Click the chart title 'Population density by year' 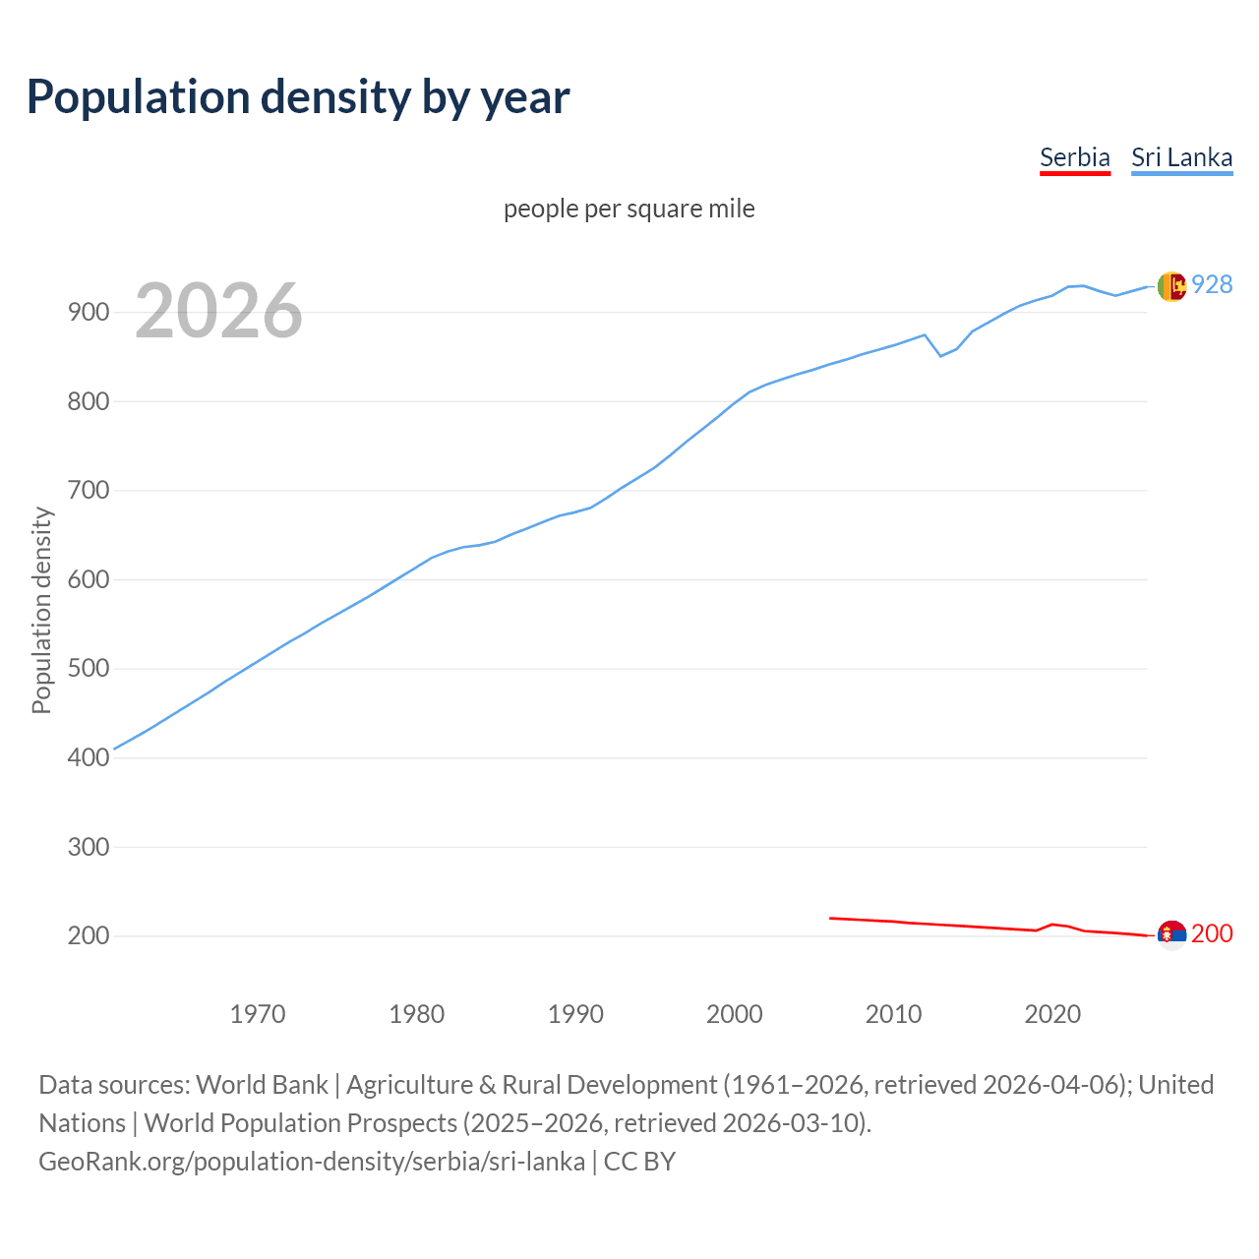tap(298, 96)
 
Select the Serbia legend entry tap(1074, 157)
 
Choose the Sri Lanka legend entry tap(1181, 157)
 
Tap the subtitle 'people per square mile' tap(629, 209)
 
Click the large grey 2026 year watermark tap(218, 311)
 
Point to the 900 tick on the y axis tap(89, 313)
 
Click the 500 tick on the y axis tap(89, 669)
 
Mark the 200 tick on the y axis tap(89, 936)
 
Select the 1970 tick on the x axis tap(258, 1014)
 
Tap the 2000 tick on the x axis tap(735, 1014)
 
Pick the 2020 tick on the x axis tap(1052, 1014)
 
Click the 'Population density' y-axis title tap(41, 610)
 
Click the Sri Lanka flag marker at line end tap(1171, 286)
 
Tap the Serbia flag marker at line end tap(1171, 934)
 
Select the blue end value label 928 tap(1212, 284)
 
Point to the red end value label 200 tap(1212, 933)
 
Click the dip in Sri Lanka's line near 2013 tap(940, 355)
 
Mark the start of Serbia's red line tap(831, 918)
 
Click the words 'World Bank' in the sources tap(262, 1085)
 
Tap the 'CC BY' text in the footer tap(639, 1162)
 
